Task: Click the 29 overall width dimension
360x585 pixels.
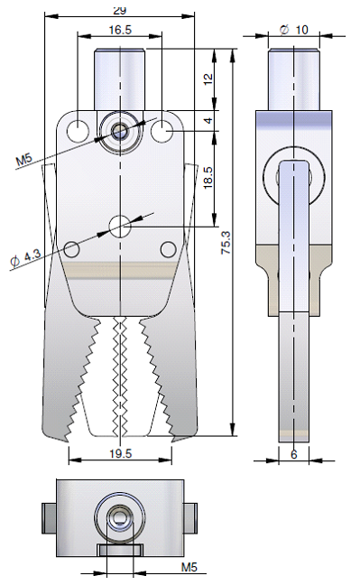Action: tap(119, 11)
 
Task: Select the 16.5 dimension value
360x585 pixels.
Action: tap(121, 30)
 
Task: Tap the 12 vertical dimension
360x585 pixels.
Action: tap(208, 79)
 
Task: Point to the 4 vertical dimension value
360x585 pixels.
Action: tap(209, 120)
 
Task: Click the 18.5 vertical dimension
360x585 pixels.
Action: tap(208, 177)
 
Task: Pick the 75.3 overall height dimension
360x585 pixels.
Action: tap(226, 243)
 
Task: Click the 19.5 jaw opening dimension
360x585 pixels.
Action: tap(121, 454)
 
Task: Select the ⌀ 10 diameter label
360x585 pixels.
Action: tap(294, 30)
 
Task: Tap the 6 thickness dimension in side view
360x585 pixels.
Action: tap(294, 454)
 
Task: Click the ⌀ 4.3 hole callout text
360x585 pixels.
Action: tap(25, 258)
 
